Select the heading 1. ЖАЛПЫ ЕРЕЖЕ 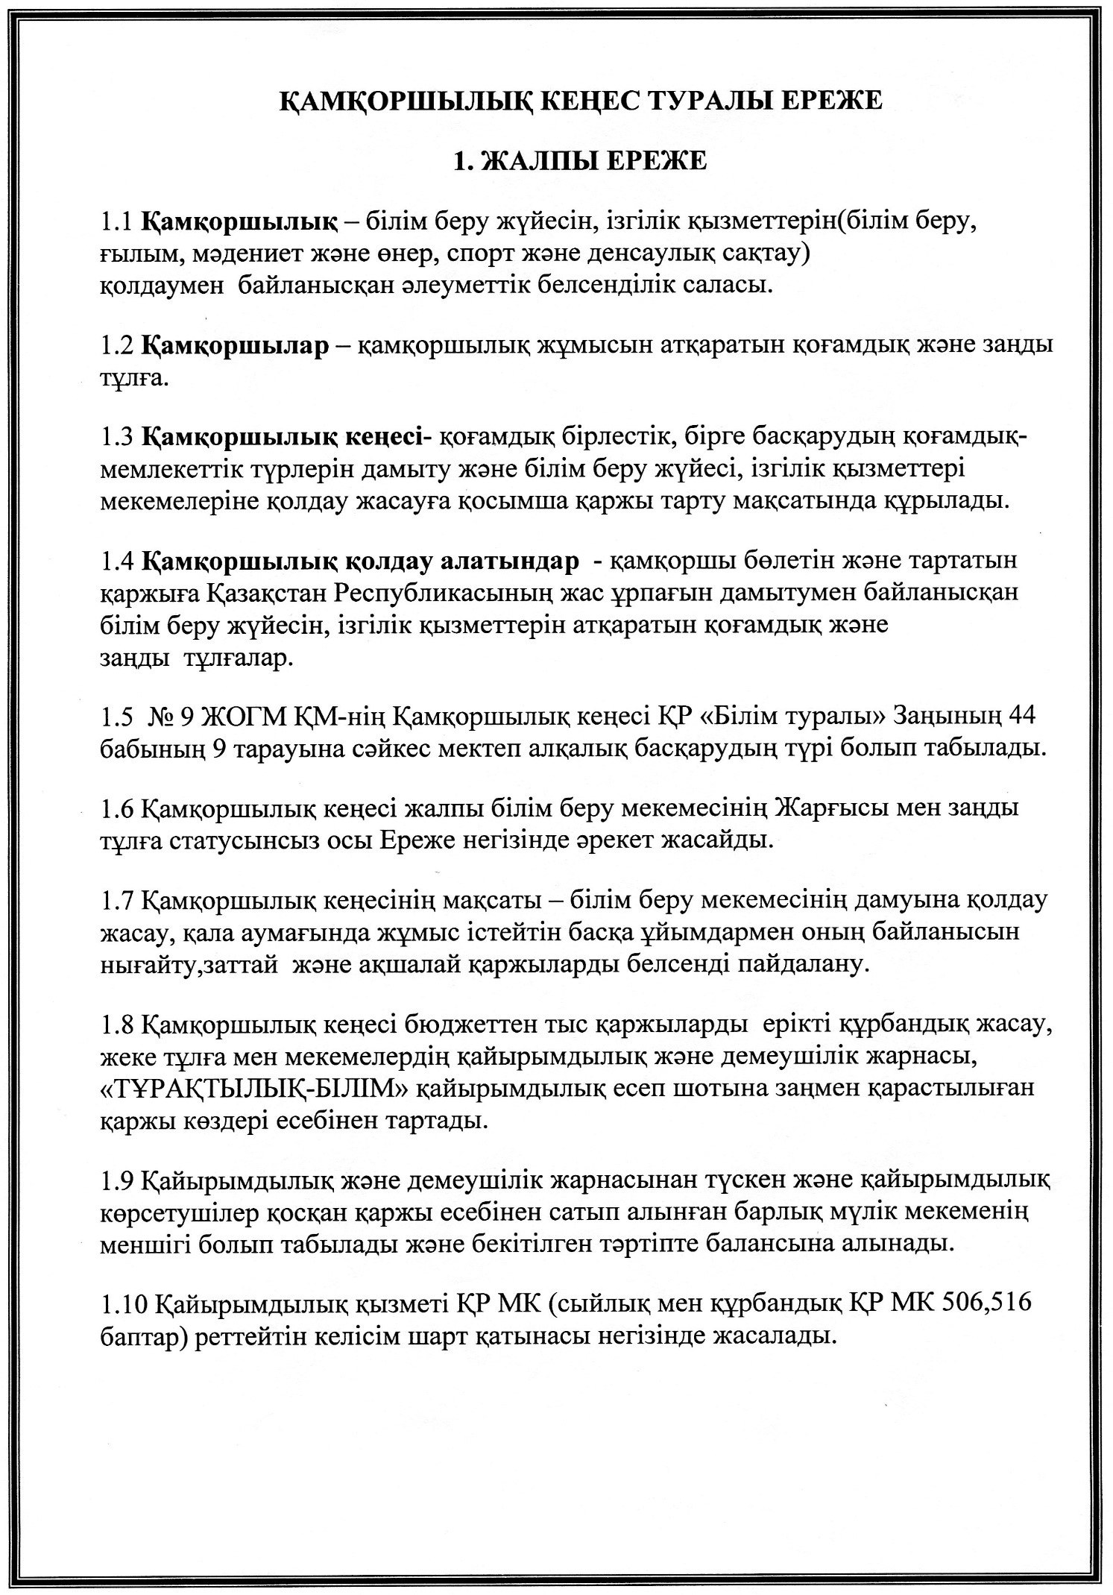pos(580,160)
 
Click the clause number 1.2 pos(116,346)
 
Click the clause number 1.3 pos(116,435)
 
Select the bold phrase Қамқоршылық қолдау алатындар pos(360,561)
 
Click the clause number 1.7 pos(116,900)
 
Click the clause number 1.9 pos(116,1180)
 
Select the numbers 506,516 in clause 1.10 pos(986,1303)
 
